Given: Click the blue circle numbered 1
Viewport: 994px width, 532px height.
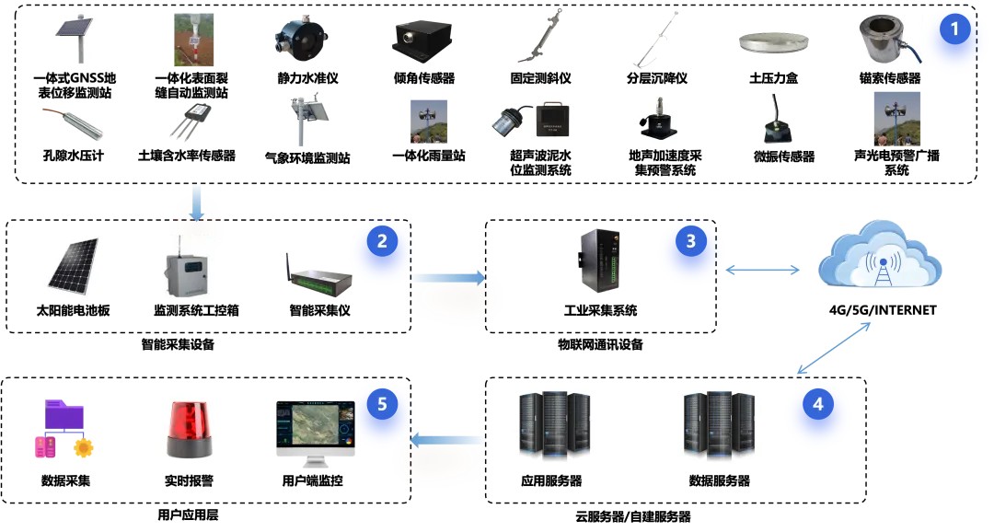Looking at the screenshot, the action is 954,29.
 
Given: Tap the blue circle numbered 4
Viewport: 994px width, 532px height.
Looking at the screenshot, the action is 818,405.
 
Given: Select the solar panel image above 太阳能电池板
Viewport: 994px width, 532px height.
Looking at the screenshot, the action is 74,266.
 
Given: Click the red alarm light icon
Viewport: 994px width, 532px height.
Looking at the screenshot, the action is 189,430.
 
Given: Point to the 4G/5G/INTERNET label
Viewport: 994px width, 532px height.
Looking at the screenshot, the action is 883,310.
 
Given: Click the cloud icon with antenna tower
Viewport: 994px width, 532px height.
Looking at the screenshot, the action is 880,256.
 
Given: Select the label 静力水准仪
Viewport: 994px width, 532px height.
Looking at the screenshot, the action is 307,78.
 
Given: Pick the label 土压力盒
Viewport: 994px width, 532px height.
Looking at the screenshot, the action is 773,78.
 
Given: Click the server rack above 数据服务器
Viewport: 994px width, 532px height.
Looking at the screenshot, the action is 719,426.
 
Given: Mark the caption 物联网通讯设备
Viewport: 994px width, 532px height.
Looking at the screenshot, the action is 600,345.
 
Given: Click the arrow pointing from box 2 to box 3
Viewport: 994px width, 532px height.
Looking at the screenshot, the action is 449,277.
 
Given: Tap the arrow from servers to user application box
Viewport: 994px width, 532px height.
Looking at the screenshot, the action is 446,440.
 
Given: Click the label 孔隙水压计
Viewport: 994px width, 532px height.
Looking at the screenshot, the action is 73,156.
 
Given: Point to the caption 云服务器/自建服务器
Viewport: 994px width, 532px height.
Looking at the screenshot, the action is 633,516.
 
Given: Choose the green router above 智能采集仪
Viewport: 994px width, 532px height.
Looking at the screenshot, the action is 318,275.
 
